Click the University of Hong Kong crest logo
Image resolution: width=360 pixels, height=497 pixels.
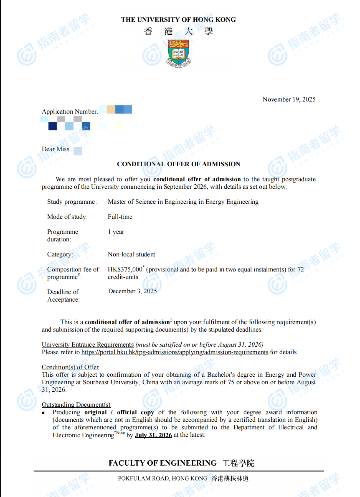178,53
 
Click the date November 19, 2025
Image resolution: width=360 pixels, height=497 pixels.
289,99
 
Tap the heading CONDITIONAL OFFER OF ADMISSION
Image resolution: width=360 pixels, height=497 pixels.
178,164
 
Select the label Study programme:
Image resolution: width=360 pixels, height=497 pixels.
72,202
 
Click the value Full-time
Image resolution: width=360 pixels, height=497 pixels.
120,217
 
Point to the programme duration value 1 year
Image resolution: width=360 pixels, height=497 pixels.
116,232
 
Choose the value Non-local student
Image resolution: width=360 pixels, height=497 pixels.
131,254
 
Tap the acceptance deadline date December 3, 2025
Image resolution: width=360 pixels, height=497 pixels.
132,291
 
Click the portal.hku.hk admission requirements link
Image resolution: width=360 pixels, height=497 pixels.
175,352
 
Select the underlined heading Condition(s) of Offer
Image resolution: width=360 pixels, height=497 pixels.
70,367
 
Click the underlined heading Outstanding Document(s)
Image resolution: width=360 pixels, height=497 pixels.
76,405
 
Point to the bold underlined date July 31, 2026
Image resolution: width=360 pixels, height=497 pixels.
153,435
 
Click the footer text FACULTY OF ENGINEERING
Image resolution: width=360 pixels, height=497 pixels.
162,463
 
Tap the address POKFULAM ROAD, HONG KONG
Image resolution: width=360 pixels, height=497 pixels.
162,479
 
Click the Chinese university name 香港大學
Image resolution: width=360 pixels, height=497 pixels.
178,31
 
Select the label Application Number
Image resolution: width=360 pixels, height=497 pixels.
69,112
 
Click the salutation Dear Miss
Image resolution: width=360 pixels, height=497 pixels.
56,149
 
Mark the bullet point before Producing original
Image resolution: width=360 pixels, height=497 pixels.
43,413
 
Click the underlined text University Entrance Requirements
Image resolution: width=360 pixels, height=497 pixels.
88,345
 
